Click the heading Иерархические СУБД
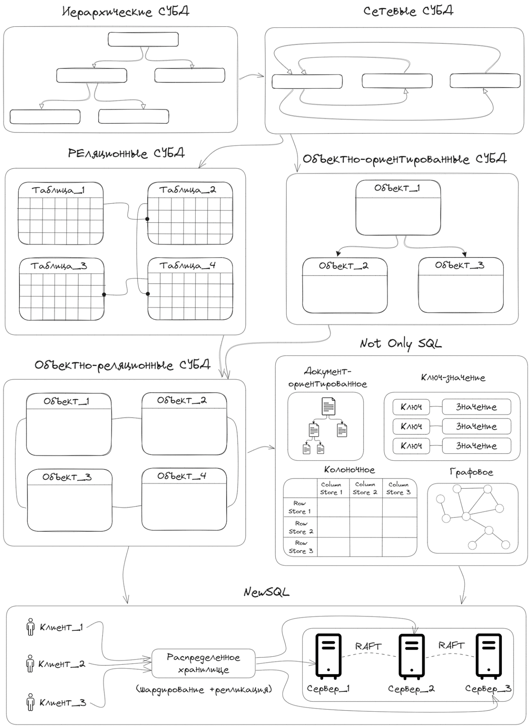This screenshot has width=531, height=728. pos(126,12)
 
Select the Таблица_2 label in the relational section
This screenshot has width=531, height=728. pos(188,190)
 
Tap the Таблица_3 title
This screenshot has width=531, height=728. pos(59,266)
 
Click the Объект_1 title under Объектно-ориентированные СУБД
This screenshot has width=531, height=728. pos(397,188)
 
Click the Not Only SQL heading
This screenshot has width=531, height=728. pos(400,343)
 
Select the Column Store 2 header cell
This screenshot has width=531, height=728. pos(365,488)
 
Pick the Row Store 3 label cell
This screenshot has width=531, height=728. pos(300,547)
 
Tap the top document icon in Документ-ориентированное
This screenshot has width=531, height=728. pos(328,406)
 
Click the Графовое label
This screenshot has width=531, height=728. pos(471,472)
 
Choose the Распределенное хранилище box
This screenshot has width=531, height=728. pos(203,663)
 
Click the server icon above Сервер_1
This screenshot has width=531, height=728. pos(328,656)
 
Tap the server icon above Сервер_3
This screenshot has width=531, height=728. pos(488,656)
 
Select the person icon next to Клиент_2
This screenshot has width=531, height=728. pos(30,664)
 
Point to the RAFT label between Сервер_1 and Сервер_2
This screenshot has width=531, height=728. pos(368,646)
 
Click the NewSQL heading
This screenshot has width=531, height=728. pos(266,592)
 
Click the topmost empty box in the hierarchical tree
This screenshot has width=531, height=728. pos(143,40)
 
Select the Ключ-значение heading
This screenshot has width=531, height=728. pos(453,378)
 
